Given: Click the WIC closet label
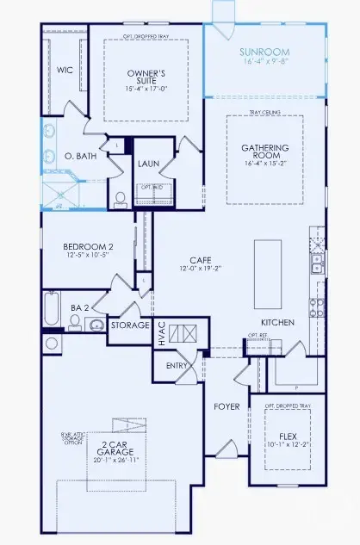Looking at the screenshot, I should tap(65, 70).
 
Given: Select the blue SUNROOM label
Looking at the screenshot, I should tap(264, 52).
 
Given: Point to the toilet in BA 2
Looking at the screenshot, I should tap(76, 322).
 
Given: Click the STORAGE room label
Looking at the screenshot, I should tap(129, 326).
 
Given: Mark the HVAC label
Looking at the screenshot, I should tap(161, 332).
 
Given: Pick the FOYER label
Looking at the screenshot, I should tap(227, 405).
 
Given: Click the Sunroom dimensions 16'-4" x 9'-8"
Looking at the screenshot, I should tap(264, 62).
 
